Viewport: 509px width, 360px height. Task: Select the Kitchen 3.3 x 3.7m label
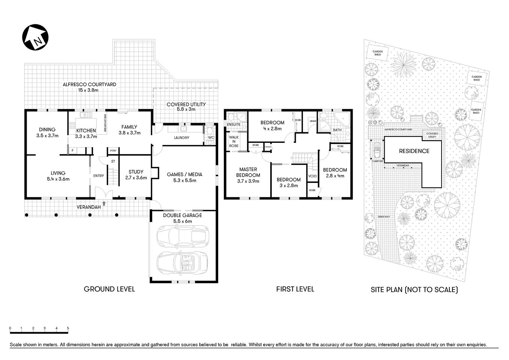click(x=86, y=133)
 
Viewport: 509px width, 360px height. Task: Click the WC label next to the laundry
click(x=211, y=138)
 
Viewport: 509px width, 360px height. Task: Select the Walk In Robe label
click(x=234, y=141)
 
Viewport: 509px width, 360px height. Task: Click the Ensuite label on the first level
click(x=234, y=124)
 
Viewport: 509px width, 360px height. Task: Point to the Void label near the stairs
click(x=312, y=176)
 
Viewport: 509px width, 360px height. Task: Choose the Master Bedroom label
click(x=248, y=175)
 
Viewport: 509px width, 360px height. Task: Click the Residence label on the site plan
click(x=414, y=151)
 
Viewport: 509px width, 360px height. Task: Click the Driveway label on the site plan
click(x=384, y=217)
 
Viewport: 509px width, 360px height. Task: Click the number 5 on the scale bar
click(x=68, y=328)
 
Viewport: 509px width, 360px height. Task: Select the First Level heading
click(x=295, y=289)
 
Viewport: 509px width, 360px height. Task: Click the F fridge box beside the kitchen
click(x=72, y=151)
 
